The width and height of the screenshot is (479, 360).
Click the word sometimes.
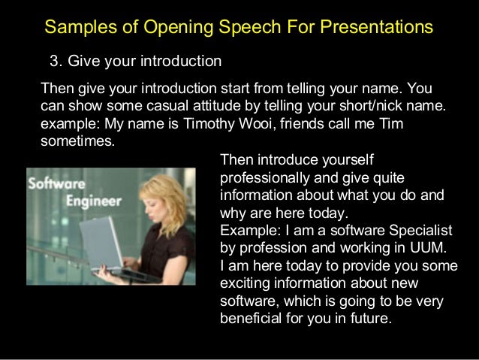click(x=76, y=141)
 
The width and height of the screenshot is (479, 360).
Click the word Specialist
click(x=421, y=229)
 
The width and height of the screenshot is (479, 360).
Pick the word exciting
click(x=243, y=283)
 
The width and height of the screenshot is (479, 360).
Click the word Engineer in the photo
click(x=94, y=201)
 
